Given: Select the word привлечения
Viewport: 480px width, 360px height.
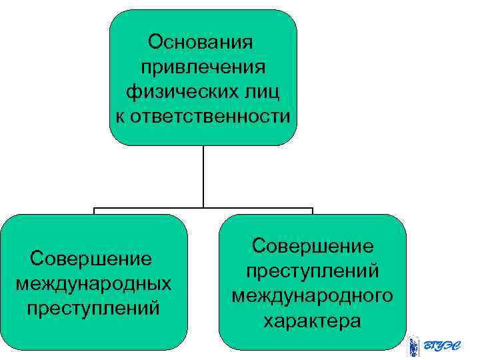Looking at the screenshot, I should point(203,67).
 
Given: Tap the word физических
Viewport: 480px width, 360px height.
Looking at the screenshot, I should point(175,92).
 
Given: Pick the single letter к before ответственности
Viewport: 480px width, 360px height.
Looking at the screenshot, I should point(121,117).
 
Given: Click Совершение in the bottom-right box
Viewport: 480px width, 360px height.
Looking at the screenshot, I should point(313,246).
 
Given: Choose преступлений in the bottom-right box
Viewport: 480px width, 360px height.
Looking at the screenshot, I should point(313,271).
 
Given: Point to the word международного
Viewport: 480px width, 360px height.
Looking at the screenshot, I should point(313,295).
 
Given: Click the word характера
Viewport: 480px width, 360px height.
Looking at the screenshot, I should point(313,321).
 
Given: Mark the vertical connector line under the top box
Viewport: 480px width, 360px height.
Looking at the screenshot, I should point(203,177).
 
